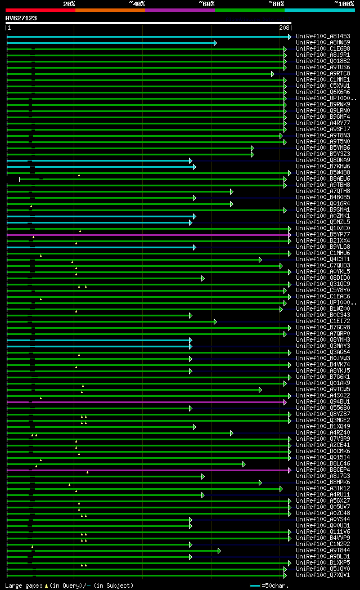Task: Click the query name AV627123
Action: (x=21, y=18)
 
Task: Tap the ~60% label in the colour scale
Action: (x=206, y=3)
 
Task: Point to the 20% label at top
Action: (x=69, y=3)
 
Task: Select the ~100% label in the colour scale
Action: (x=344, y=3)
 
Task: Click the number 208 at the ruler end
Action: (x=284, y=27)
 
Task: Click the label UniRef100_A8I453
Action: (x=323, y=37)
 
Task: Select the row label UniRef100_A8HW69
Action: (x=323, y=43)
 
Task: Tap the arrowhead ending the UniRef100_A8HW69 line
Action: (x=215, y=43)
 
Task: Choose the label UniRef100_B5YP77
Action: (x=323, y=235)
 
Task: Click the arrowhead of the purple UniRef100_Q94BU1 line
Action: (x=285, y=402)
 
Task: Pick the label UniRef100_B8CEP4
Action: (x=323, y=470)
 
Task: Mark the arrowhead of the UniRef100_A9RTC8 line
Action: (x=272, y=74)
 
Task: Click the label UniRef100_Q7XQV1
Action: (x=323, y=575)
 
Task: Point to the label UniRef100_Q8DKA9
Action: (x=323, y=160)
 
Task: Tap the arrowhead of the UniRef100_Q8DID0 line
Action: (x=202, y=278)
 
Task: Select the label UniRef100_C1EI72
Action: (x=323, y=321)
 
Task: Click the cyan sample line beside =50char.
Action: (x=255, y=585)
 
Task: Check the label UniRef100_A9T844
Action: (x=323, y=551)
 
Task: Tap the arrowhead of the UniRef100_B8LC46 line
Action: (x=244, y=464)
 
